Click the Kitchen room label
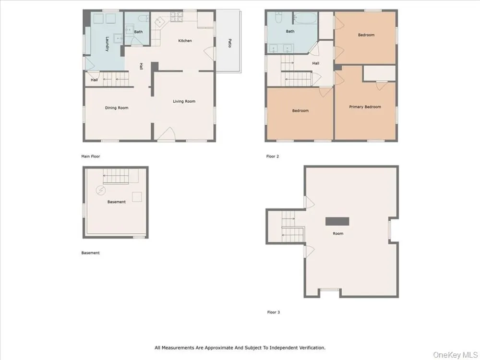[185, 41]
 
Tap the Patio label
[229, 43]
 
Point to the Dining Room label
[117, 108]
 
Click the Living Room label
[184, 101]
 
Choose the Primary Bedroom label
[365, 107]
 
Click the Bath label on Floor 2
[290, 31]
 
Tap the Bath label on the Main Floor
[138, 32]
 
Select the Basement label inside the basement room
[116, 202]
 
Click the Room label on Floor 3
[338, 233]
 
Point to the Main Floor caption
[91, 156]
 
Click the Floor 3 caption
[274, 312]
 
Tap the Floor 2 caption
[273, 156]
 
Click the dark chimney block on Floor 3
[337, 221]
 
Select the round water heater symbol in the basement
[101, 191]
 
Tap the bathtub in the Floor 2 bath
[305, 18]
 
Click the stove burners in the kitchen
[177, 17]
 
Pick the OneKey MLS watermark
[455, 355]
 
